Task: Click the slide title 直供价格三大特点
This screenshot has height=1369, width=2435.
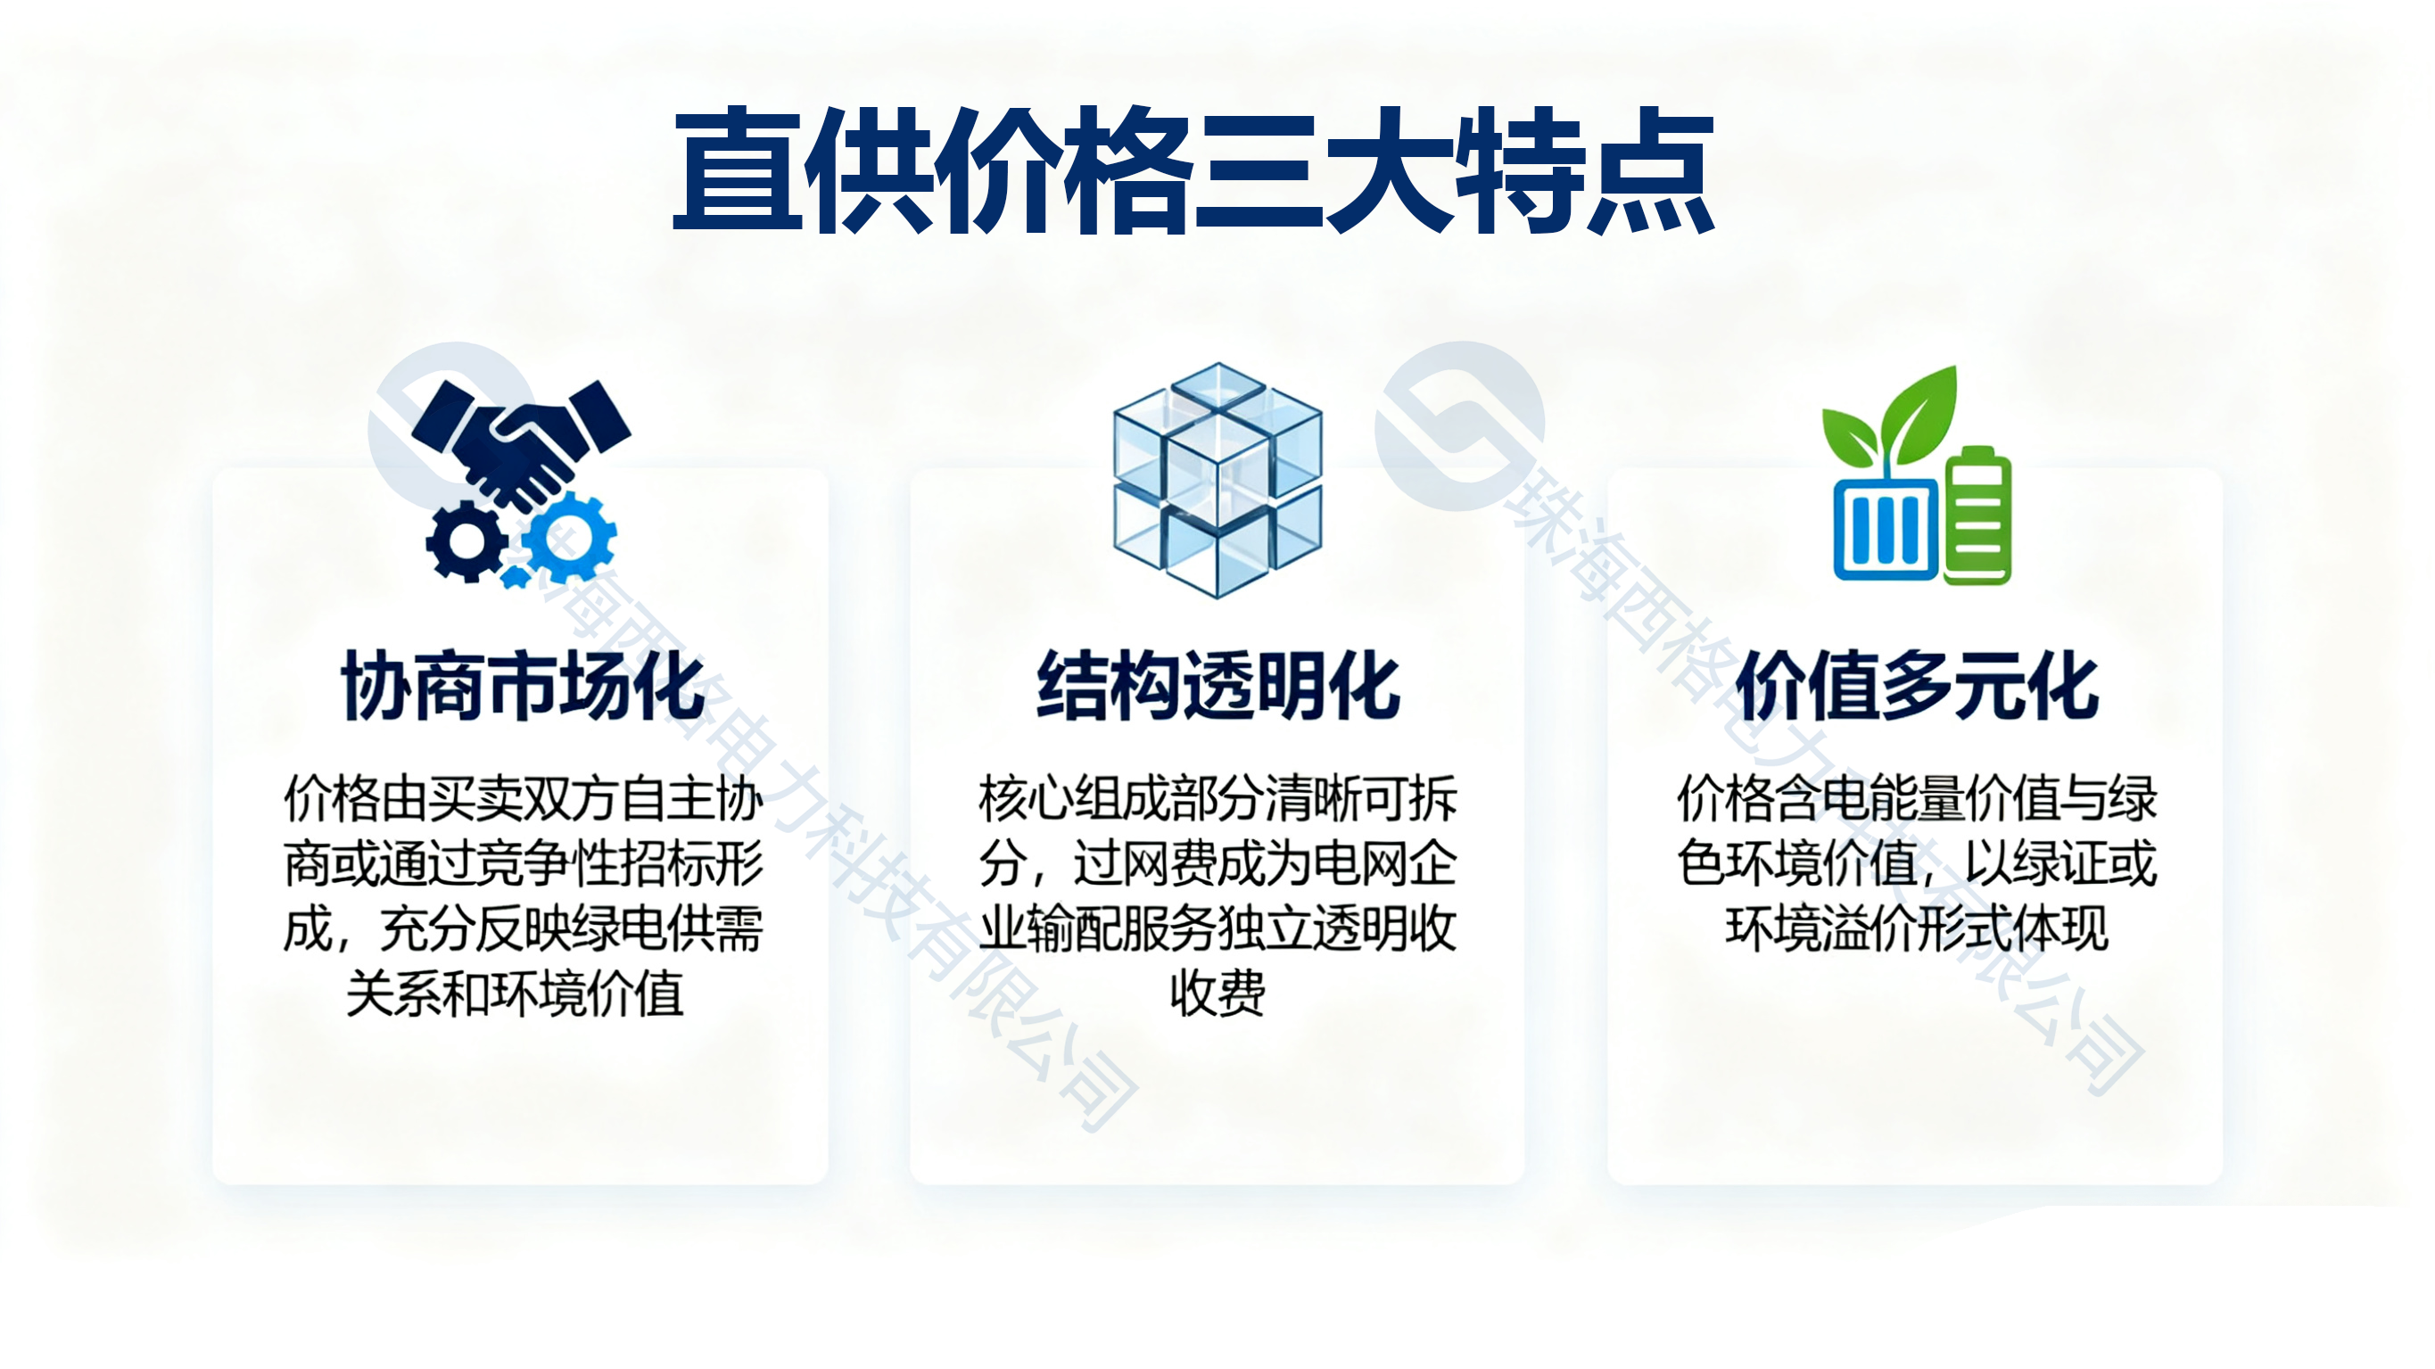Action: pos(1193,170)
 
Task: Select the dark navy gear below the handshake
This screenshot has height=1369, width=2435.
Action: pos(465,541)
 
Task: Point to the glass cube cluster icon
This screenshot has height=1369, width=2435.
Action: pos(1217,481)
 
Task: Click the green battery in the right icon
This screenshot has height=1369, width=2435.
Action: pos(1977,515)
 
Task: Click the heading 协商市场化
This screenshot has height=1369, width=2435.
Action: pos(523,687)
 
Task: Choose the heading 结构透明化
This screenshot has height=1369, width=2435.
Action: pos(1217,687)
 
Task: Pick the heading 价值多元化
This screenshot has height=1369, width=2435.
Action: pos(1917,687)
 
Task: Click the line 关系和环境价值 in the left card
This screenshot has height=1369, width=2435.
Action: pos(516,994)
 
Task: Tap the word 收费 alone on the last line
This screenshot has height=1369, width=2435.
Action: pos(1217,994)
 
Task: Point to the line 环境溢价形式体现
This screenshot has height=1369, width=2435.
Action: pos(1917,929)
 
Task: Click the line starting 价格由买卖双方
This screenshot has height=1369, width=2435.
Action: pos(523,800)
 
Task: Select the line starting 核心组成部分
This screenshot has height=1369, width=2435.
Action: pos(1217,800)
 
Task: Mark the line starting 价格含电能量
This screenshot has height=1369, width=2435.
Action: pos(1917,800)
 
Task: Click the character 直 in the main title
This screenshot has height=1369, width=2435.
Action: pos(738,170)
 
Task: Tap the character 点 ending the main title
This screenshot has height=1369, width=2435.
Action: pos(1649,170)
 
